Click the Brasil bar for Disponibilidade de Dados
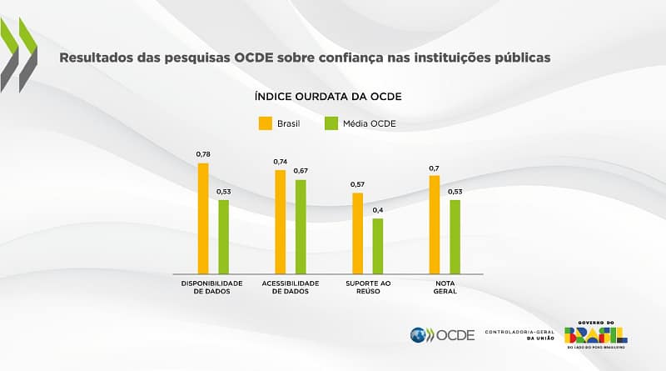coord(203,218)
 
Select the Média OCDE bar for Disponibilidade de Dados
coord(223,237)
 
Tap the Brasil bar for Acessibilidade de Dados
coord(281,222)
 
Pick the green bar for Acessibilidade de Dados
coord(301,227)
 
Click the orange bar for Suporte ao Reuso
coord(358,233)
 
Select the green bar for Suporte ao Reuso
coord(378,246)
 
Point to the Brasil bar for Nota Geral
coord(435,224)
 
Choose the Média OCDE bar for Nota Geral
coord(455,237)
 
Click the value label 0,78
coord(203,155)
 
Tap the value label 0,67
coord(301,171)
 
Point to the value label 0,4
coord(378,210)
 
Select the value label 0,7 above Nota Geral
coord(435,168)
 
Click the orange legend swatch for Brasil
coord(265,123)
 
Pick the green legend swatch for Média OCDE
coord(330,123)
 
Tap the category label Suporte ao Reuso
coord(368,288)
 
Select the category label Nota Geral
coord(445,288)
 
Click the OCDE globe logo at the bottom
coord(420,335)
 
